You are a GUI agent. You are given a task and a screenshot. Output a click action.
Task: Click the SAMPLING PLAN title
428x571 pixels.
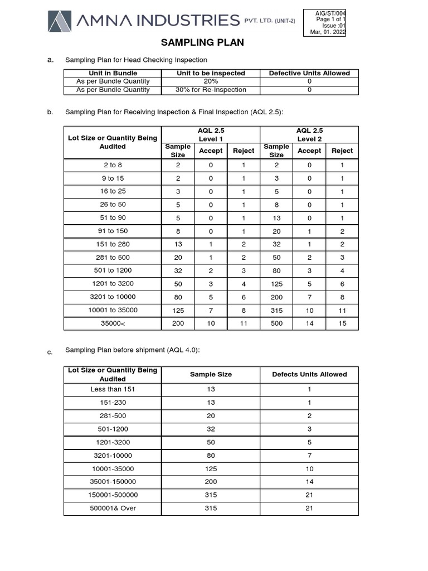pos(202,43)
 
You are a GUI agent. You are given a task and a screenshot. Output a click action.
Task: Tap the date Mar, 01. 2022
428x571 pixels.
pos(328,32)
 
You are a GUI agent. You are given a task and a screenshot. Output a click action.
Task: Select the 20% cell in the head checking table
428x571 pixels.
pos(211,81)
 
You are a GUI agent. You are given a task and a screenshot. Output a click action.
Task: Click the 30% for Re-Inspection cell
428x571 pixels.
pos(211,90)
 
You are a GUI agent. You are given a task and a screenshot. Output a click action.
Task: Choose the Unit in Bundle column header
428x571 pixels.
pos(113,73)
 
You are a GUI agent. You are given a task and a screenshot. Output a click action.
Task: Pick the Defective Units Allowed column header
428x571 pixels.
pos(309,73)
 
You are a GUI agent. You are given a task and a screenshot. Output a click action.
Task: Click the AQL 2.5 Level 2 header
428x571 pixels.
pos(309,134)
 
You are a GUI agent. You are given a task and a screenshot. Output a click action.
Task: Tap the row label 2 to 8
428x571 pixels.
pos(113,165)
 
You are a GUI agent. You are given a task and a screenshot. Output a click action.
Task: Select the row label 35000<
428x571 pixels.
pos(113,323)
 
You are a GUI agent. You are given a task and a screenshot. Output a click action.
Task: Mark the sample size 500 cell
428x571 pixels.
pos(276,323)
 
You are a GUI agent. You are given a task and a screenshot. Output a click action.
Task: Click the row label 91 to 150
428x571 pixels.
pos(113,231)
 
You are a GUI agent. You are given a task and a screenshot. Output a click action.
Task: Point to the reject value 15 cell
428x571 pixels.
pos(342,323)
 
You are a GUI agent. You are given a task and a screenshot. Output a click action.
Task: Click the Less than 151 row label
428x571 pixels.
pos(113,389)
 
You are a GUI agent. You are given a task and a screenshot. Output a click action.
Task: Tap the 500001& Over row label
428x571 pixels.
pos(113,508)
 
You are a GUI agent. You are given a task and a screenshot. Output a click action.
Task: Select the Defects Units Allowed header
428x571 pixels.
pos(309,374)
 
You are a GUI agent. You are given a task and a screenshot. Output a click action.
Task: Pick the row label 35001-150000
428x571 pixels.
pos(113,481)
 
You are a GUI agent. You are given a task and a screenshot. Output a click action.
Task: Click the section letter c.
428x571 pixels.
pos(50,352)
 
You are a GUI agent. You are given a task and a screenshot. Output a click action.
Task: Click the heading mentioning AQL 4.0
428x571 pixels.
pos(133,350)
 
